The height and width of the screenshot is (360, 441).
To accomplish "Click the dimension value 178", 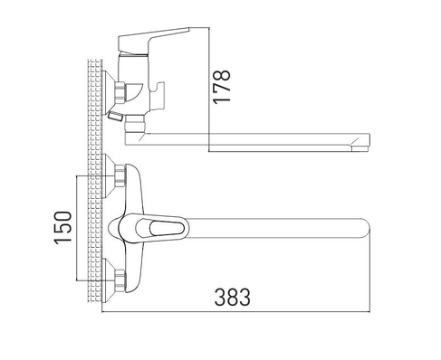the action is point(222,87).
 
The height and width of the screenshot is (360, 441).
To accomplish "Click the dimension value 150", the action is point(63,228).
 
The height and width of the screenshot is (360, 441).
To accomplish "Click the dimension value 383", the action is point(233,297).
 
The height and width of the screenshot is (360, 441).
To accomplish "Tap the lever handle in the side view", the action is point(151,40).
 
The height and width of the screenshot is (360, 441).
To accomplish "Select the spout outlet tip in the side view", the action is point(360,148).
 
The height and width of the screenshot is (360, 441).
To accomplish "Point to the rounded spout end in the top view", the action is point(365,228).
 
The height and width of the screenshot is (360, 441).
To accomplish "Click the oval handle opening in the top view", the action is point(167,228).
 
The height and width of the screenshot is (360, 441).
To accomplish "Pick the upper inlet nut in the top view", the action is point(120,175).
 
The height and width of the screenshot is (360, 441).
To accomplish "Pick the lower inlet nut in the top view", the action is point(120,280).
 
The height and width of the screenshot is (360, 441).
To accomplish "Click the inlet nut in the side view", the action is point(120,92).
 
